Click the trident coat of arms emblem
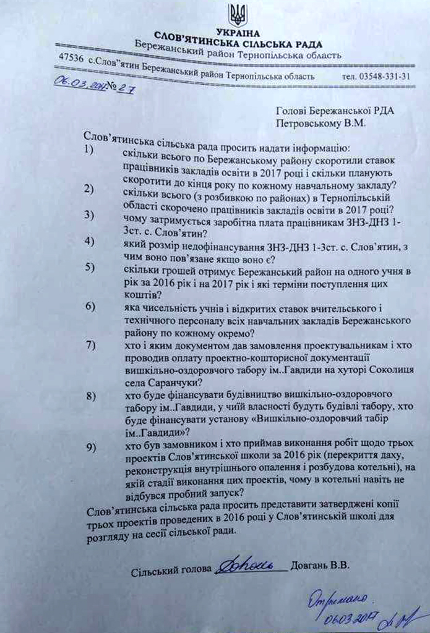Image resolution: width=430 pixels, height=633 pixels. (238, 15)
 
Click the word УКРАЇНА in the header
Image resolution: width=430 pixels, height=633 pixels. (238, 32)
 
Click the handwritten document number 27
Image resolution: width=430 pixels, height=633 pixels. (124, 88)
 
